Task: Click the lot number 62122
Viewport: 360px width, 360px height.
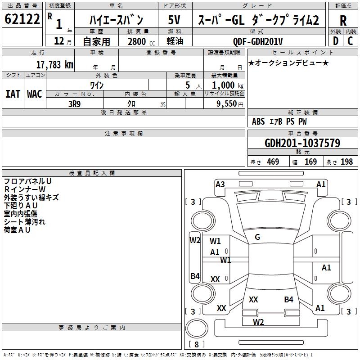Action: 22,19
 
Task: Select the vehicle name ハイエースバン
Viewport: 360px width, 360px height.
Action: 116,20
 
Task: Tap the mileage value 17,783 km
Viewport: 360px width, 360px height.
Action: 54,65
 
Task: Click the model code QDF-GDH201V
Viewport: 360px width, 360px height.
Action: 258,41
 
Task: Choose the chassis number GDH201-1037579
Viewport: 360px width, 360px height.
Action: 302,143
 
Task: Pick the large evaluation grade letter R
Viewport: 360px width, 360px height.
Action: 343,20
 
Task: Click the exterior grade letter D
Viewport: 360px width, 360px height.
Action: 335,41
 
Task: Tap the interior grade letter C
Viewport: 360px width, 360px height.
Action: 351,41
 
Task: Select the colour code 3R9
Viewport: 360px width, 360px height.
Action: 75,103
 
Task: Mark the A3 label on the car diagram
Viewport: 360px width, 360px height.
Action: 220,184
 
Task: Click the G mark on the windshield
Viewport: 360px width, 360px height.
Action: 257,237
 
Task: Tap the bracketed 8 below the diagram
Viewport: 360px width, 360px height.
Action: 196,345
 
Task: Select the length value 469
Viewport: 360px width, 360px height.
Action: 273,162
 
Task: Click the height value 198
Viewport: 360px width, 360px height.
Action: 346,162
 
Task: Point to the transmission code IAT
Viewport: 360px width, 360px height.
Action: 13,94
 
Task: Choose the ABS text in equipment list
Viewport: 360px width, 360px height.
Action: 258,121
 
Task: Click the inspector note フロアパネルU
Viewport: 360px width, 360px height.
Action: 27,181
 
